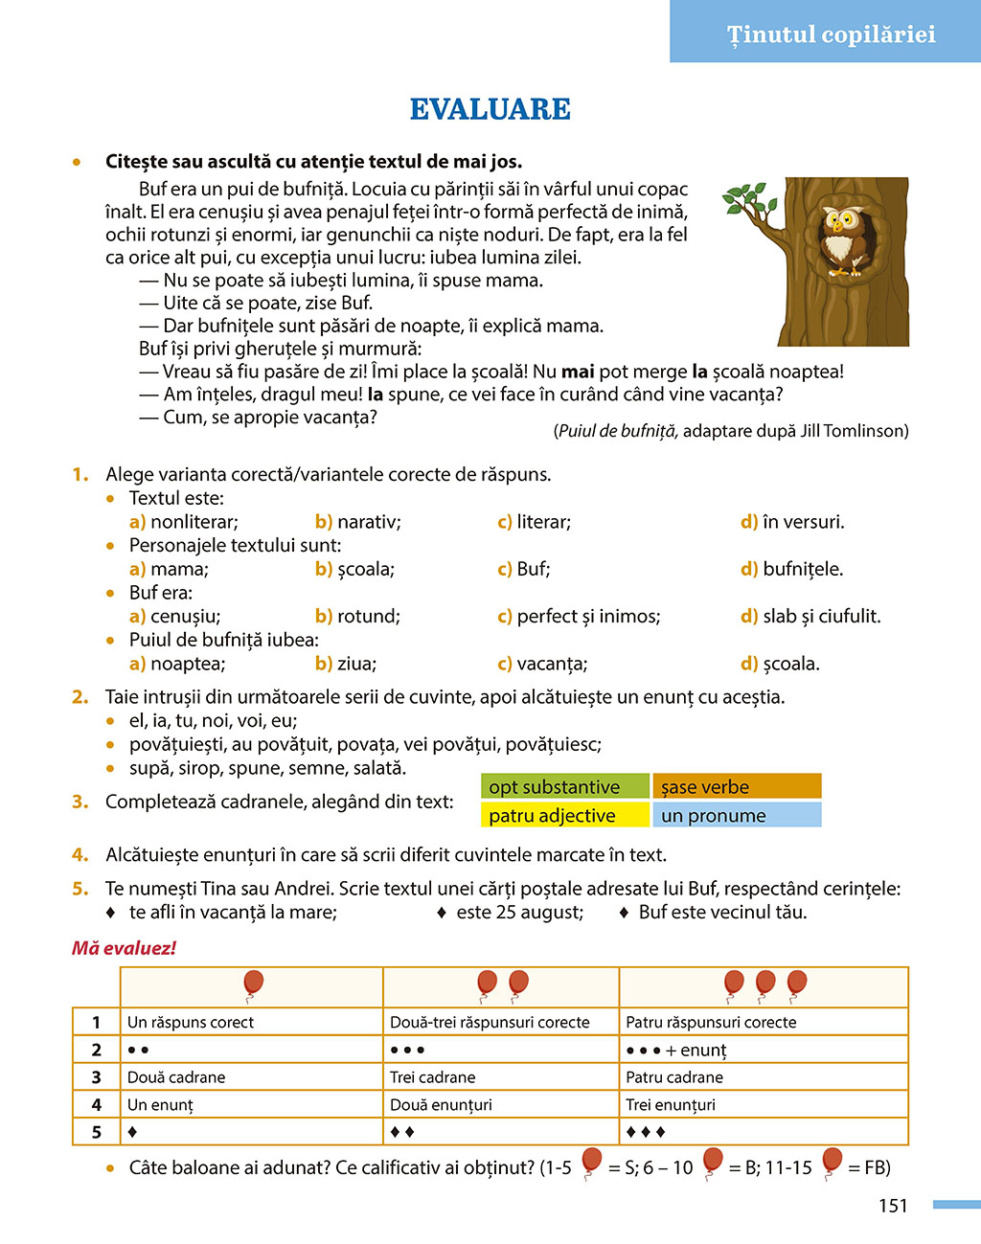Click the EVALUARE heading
pyautogui.click(x=490, y=110)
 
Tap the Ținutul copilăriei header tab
pyautogui.click(x=830, y=34)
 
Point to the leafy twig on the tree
pyautogui.click(x=749, y=200)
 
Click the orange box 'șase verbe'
pyautogui.click(x=736, y=787)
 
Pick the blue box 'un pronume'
pyautogui.click(x=736, y=816)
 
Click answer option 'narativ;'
pyautogui.click(x=369, y=522)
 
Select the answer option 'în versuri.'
pyautogui.click(x=803, y=522)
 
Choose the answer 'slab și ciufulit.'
pyautogui.click(x=821, y=616)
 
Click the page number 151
pyautogui.click(x=893, y=1206)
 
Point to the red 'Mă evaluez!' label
pyautogui.click(x=125, y=948)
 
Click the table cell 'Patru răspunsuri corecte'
pyautogui.click(x=711, y=1022)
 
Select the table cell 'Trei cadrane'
pyautogui.click(x=433, y=1077)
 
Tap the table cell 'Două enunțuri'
pyautogui.click(x=441, y=1105)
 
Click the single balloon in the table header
pyautogui.click(x=253, y=984)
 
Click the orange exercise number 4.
pyautogui.click(x=80, y=855)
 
